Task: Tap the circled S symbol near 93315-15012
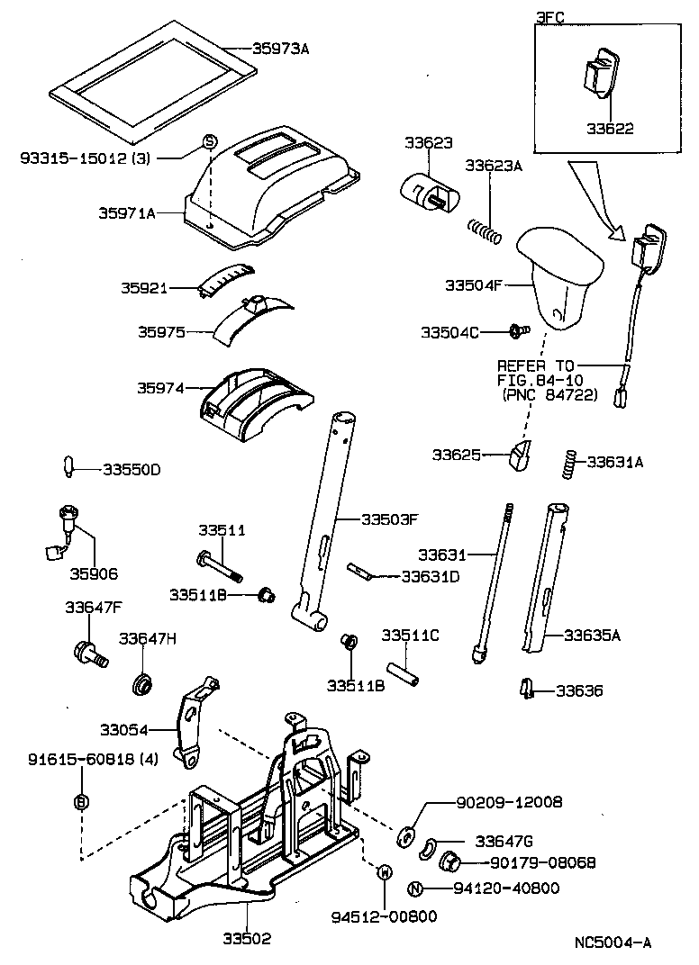tap(209, 141)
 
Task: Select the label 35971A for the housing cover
tap(127, 213)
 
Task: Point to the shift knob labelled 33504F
tap(559, 276)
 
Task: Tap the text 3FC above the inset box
tap(551, 17)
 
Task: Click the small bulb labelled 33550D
tap(69, 468)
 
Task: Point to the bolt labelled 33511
tap(219, 564)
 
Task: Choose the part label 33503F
tap(390, 519)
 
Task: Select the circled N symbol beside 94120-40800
tap(416, 888)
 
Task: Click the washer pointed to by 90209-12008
tap(406, 834)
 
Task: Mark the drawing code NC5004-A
tap(613, 942)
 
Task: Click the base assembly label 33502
tap(247, 938)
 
